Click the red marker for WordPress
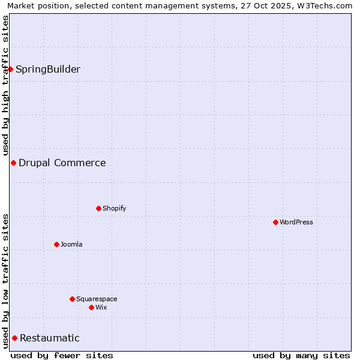pyautogui.click(x=275, y=222)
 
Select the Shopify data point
pyautogui.click(x=98, y=208)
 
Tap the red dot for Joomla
pyautogui.click(x=56, y=244)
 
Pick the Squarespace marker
pyautogui.click(x=72, y=299)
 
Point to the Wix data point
pyautogui.click(x=91, y=307)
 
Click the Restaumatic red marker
pyautogui.click(x=14, y=338)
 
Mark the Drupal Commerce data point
pyautogui.click(x=13, y=163)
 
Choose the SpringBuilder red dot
pyautogui.click(x=10, y=69)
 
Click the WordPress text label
pyautogui.click(x=296, y=222)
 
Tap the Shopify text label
pyautogui.click(x=114, y=208)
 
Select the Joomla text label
pyautogui.click(x=71, y=244)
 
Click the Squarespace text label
pyautogui.click(x=97, y=299)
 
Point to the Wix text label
pyautogui.click(x=101, y=307)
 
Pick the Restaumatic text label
pyautogui.click(x=50, y=338)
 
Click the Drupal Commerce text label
pyautogui.click(x=62, y=163)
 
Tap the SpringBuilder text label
pyautogui.click(x=48, y=69)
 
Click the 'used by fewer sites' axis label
pyautogui.click(x=62, y=355)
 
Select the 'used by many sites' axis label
pyautogui.click(x=301, y=355)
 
